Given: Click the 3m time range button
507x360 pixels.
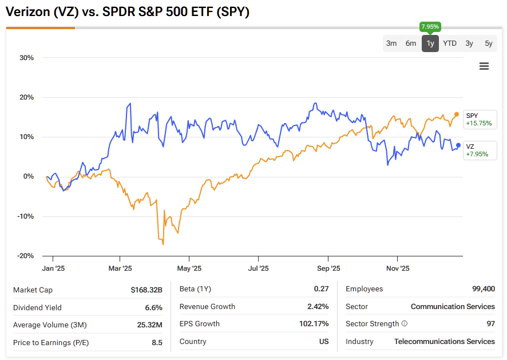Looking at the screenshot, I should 391,43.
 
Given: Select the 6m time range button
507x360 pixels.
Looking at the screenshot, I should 411,43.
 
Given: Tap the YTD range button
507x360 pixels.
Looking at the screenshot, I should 450,43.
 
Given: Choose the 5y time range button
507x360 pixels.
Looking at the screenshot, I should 488,43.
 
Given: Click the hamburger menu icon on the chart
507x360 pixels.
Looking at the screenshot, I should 484,66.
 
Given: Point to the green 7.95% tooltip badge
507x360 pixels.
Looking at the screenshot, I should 430,26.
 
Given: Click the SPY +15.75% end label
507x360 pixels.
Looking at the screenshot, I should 478,119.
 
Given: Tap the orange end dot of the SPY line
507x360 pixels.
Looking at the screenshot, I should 457,114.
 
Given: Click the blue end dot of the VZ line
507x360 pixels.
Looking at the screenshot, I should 458,145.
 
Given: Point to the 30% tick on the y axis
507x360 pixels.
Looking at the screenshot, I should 26,58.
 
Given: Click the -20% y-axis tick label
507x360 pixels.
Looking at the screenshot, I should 25,256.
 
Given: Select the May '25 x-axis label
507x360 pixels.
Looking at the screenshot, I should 189,268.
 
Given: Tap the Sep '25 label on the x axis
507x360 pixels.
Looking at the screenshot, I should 328,268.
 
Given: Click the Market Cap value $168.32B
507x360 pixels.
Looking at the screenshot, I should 146,290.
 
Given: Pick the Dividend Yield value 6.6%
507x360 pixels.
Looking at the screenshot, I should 153,307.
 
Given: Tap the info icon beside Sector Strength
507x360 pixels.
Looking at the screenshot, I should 405,324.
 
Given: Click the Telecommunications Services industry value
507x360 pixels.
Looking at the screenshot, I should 445,342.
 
